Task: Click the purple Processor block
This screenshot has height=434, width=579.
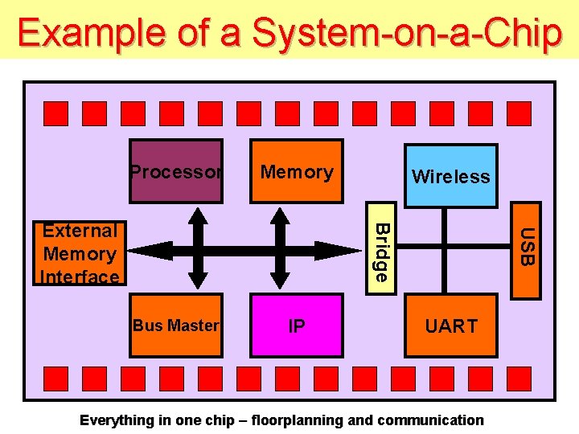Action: [x=176, y=170]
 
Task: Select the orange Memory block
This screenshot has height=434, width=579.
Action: [x=297, y=170]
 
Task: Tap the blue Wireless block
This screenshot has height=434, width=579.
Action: [x=450, y=176]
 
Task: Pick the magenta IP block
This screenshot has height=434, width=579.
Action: [x=297, y=325]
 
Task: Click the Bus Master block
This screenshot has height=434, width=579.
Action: [x=176, y=325]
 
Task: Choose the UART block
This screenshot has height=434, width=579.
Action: [x=450, y=325]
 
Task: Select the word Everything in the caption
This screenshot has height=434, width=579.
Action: [x=116, y=420]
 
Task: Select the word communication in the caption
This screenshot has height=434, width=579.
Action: [x=430, y=420]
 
